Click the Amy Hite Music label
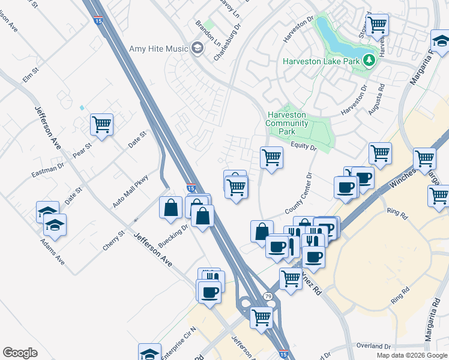(x=158, y=49)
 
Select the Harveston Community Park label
(x=288, y=123)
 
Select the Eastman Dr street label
(x=47, y=170)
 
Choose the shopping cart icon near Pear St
(x=102, y=125)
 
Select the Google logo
(x=20, y=353)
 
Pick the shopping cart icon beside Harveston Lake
(x=378, y=25)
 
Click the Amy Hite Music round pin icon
(x=197, y=49)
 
